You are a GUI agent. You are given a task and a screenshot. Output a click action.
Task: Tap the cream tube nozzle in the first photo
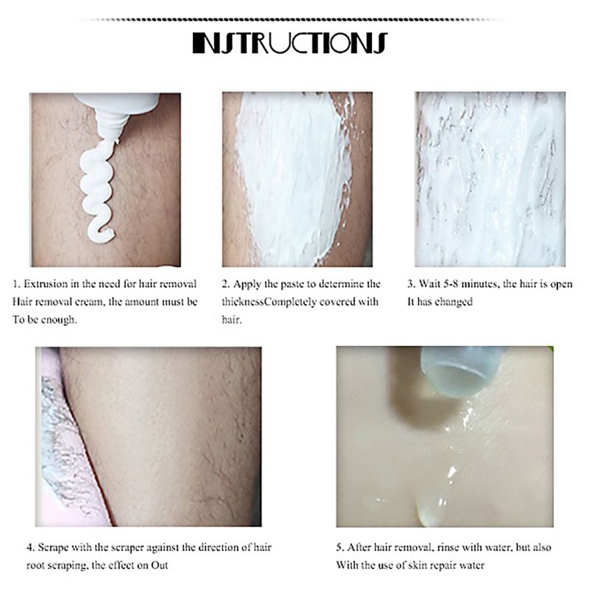[x=103, y=118]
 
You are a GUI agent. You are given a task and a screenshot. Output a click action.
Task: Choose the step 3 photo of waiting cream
[x=490, y=179]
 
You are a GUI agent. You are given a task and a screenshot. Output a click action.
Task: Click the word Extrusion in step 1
[x=49, y=283]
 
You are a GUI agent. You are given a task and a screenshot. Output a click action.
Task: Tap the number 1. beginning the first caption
[x=17, y=283]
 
